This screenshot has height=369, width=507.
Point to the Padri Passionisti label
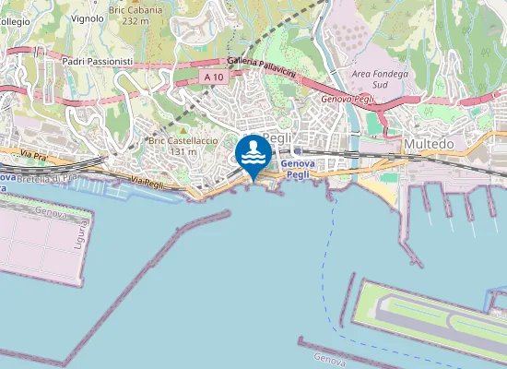(98, 61)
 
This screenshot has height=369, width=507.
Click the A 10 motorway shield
(214, 77)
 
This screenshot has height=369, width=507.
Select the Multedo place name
(429, 145)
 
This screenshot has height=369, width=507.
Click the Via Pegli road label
(147, 182)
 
